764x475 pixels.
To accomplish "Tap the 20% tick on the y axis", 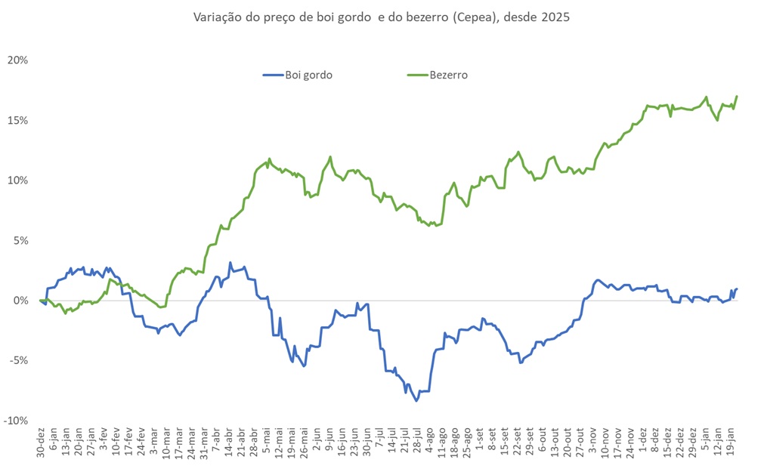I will (x=17, y=60).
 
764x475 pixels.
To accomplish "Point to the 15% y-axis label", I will (x=17, y=121).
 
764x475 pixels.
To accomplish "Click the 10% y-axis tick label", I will (x=17, y=180).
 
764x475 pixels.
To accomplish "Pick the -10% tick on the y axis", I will (x=16, y=421).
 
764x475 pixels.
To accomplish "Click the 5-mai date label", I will (x=266, y=446).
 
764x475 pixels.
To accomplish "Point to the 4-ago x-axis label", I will (x=429, y=446).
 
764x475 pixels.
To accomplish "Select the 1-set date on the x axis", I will (x=480, y=446).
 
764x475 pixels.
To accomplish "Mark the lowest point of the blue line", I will (x=416, y=400).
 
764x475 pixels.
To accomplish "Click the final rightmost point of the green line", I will (x=737, y=96).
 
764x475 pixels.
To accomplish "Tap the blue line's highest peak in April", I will (x=230, y=263).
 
